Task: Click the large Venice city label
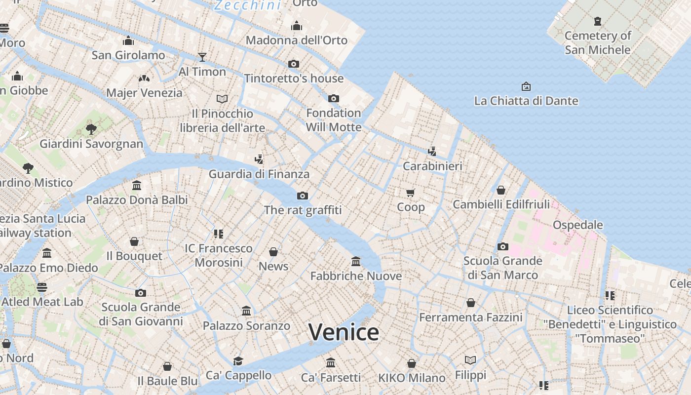point(344,332)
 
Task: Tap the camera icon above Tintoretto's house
point(294,64)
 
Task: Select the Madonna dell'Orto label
point(297,40)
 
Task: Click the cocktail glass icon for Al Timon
point(202,57)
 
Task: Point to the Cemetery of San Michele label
point(598,42)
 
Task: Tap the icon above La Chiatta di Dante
point(526,86)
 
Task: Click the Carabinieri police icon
point(432,152)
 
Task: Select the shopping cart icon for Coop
point(411,193)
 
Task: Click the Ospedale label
point(578,225)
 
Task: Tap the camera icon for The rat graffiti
point(303,196)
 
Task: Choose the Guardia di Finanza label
point(259,174)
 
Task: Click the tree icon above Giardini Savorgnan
point(91,129)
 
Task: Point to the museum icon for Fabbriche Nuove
point(356,261)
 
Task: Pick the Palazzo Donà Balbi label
point(137,200)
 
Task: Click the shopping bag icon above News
point(273,252)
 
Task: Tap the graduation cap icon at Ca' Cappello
point(238,361)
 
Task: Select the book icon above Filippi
point(470,360)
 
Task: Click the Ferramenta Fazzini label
point(470,317)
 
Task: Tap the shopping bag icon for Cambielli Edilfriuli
point(501,190)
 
